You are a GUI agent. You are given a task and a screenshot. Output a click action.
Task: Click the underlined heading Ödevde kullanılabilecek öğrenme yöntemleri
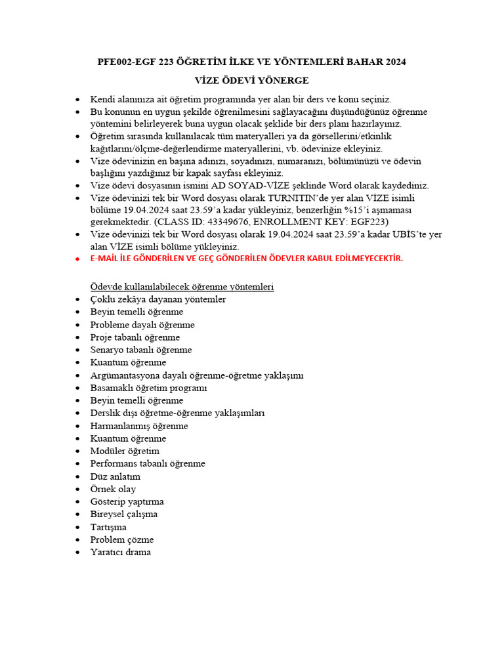pos(182,287)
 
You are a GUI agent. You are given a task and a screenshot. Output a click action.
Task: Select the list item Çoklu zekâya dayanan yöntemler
pos(158,299)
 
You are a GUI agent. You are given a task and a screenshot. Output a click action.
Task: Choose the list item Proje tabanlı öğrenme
pos(135,337)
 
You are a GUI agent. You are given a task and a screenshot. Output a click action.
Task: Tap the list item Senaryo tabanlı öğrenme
pos(141,350)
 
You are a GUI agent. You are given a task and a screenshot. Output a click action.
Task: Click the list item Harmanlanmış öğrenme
pos(139,426)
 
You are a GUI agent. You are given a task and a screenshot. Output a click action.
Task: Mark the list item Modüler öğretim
pos(125,451)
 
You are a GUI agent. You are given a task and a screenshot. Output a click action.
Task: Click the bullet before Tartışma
pos(78,528)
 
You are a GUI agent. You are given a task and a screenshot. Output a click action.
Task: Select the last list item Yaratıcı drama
pos(121,552)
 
